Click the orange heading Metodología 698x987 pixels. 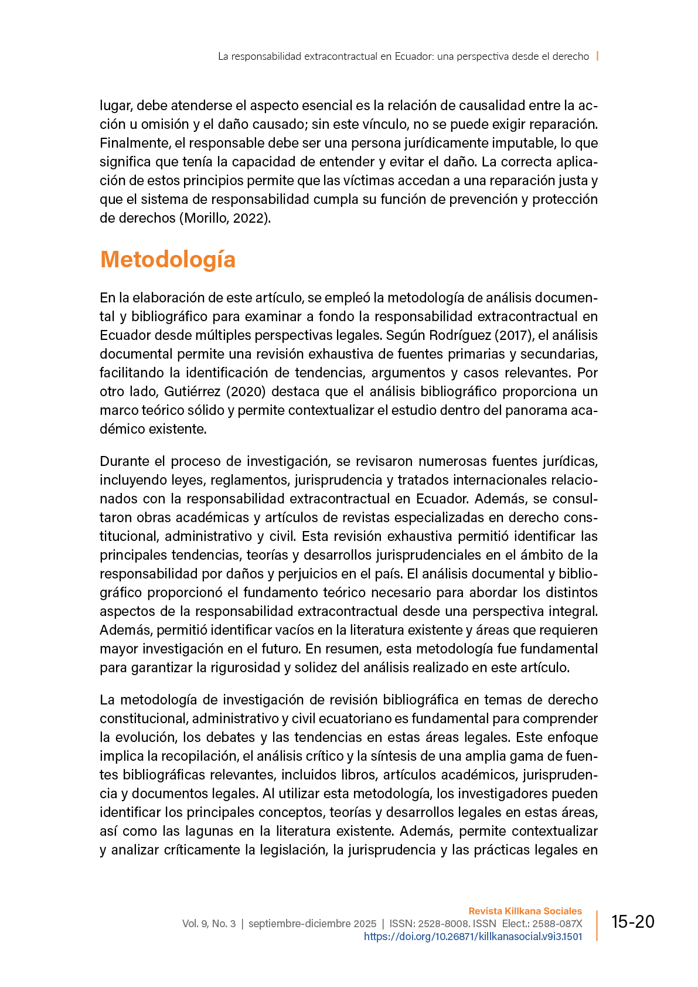tap(168, 260)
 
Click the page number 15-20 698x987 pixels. tap(632, 922)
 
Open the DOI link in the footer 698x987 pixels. tap(473, 937)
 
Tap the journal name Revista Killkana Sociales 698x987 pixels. tap(525, 911)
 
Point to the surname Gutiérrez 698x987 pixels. tap(193, 392)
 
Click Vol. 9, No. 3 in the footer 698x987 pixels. tap(209, 924)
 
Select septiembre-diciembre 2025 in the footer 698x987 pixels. tap(312, 924)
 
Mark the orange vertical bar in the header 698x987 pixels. tap(597, 56)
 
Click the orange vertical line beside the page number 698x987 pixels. tap(597, 925)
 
